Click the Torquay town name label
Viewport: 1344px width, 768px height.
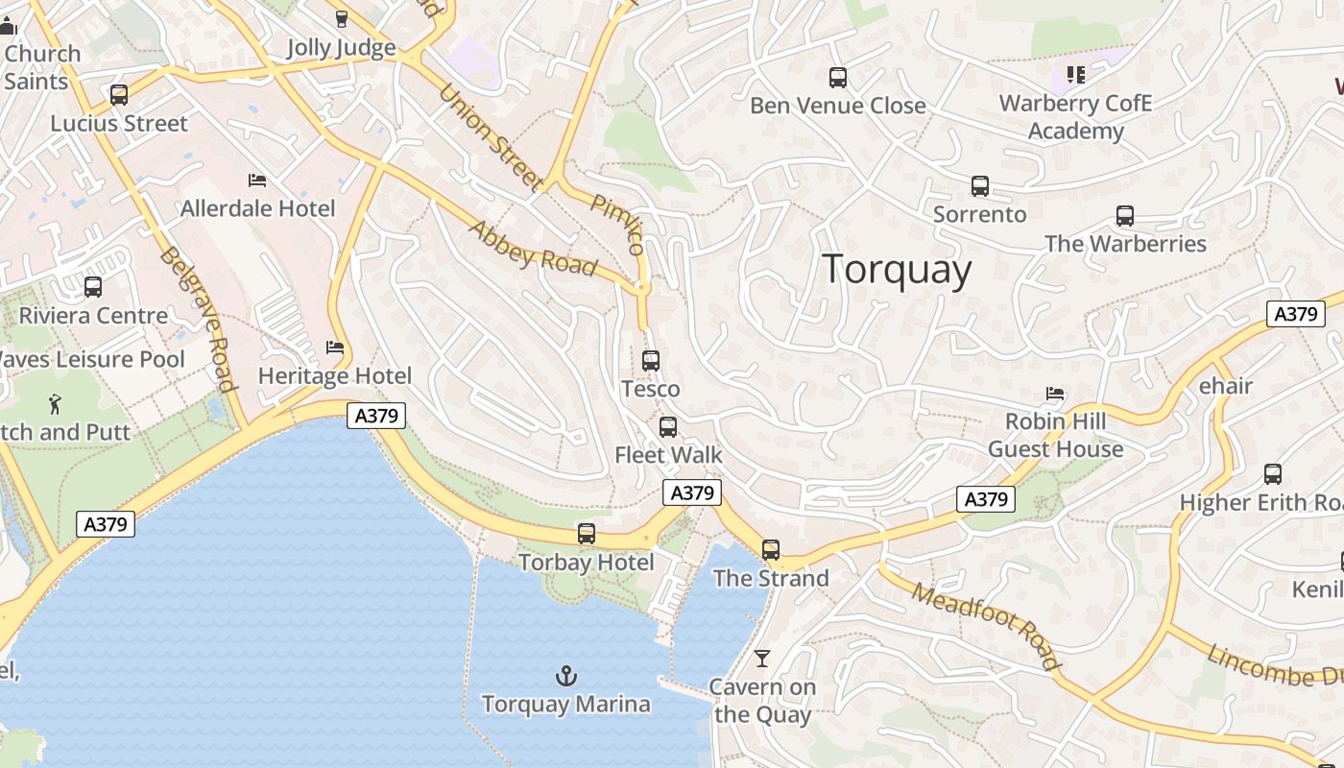898,269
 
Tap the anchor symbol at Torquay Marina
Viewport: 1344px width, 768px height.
566,677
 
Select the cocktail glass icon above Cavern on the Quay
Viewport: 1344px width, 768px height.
762,659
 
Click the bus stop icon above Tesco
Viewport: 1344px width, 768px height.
651,361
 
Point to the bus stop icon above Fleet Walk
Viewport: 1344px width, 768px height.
668,427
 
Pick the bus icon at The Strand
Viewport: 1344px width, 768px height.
771,550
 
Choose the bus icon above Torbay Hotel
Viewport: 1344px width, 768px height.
587,534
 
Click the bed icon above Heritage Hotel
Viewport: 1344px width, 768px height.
335,348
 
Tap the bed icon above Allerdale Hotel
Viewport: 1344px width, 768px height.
257,180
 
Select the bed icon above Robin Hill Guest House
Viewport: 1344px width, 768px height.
1055,394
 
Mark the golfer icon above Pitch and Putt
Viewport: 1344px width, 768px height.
55,404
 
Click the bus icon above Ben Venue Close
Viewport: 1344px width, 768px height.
838,78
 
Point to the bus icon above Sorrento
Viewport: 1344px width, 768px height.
980,186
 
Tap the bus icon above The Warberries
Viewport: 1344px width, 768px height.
1125,216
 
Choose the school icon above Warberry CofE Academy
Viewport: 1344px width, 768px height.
1076,74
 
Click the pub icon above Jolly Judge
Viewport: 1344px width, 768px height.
341,19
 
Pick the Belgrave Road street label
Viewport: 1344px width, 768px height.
198,320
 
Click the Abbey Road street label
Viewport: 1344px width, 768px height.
534,249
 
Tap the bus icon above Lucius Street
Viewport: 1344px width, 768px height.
119,95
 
